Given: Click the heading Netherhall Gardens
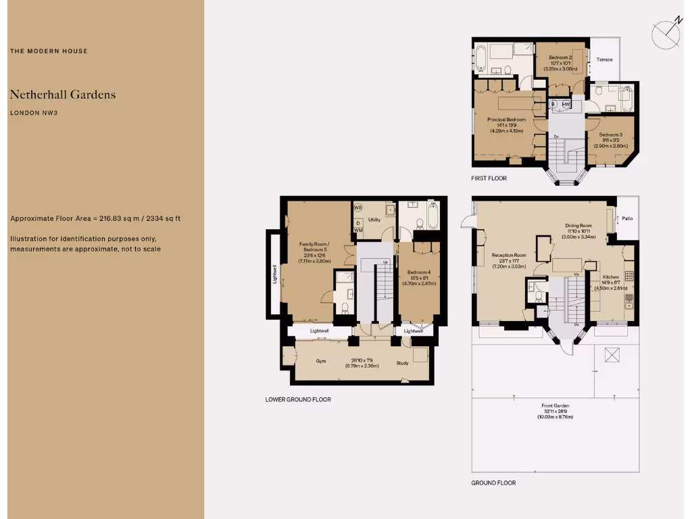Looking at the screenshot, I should point(63,95).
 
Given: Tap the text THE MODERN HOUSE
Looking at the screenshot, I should point(49,51).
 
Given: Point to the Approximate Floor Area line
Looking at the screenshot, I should point(95,218).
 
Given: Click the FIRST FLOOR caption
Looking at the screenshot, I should point(489,178).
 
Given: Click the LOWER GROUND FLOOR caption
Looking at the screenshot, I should point(298,399).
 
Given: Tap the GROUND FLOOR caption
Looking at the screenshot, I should point(493,483).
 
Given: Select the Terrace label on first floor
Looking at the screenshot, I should point(604,59).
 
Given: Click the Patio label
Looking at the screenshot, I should point(628,218).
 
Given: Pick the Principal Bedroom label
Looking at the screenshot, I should point(506,120).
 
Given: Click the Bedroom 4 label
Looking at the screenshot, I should point(420,273).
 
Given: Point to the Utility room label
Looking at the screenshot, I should point(375,220).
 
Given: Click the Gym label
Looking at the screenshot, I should point(320,361).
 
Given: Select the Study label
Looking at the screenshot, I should point(403,363).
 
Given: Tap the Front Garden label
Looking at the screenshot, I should point(555,405).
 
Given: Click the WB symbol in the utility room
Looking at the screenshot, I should point(358,208).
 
